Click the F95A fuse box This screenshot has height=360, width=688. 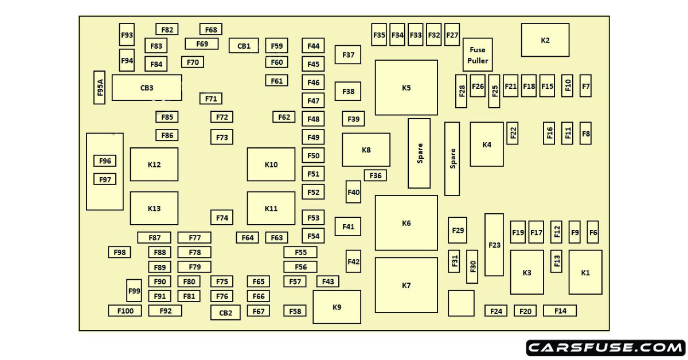click(x=100, y=88)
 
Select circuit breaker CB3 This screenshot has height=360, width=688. click(x=147, y=88)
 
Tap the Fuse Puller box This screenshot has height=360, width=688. click(x=478, y=55)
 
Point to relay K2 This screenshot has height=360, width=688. click(x=545, y=40)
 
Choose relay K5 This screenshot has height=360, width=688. click(x=406, y=88)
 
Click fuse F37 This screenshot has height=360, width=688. click(x=348, y=55)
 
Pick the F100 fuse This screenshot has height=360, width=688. click(x=125, y=311)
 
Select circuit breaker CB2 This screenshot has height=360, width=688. click(x=225, y=312)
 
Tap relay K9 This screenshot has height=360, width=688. click(x=337, y=307)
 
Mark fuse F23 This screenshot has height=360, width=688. click(x=494, y=245)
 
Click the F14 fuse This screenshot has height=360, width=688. click(x=560, y=311)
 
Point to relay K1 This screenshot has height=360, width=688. click(x=585, y=272)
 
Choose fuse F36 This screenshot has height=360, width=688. click(x=376, y=175)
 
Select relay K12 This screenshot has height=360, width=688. click(x=154, y=165)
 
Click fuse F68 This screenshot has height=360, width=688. click(x=211, y=29)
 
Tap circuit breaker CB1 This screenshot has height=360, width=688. click(x=244, y=46)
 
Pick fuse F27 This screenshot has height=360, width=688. click(x=452, y=35)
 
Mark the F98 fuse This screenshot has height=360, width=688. click(x=119, y=252)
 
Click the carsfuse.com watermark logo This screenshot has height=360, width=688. click(x=605, y=347)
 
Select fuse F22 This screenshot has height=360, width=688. click(x=513, y=133)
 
